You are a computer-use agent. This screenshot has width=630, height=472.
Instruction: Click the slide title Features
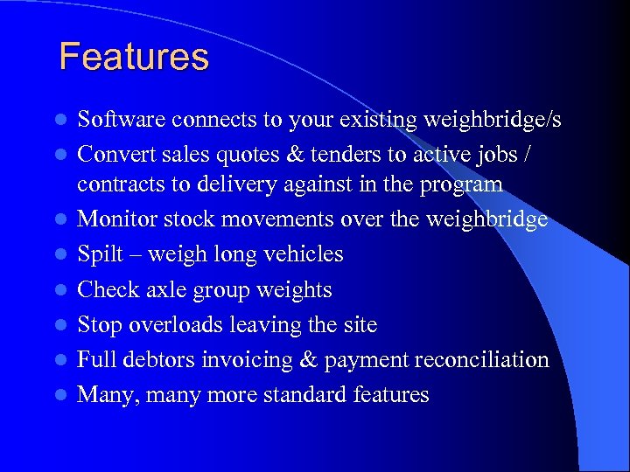134,58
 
